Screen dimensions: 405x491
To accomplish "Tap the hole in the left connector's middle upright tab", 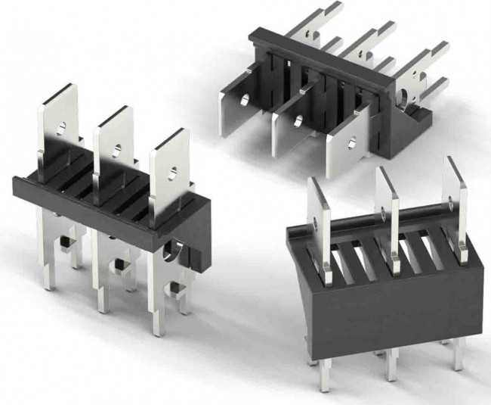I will point(117,149).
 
